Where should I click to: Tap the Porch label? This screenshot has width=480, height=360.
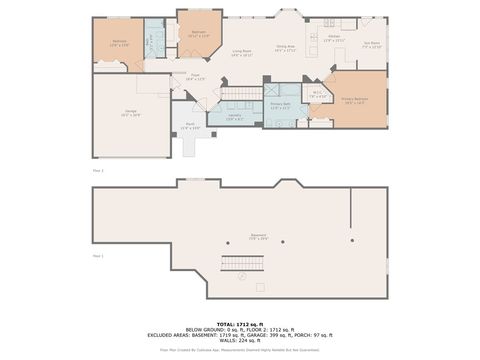point(192,127)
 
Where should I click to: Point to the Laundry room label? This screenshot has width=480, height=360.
point(236,117)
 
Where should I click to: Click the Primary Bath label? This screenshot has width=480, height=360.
point(280,105)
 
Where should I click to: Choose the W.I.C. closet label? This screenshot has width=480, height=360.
point(316,95)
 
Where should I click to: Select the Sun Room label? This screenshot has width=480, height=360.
point(372,44)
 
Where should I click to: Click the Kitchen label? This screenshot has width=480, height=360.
point(334,38)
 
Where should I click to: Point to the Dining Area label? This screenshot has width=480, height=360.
point(285,48)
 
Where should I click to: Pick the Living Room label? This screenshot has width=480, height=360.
point(241,53)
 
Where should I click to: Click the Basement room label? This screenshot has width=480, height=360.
point(257,238)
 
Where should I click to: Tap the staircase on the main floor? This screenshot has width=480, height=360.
point(240,94)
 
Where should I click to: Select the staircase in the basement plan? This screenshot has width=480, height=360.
point(241,269)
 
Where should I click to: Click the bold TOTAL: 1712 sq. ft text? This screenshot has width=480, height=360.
point(240,325)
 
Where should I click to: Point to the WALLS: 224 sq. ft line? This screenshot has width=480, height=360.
point(240,340)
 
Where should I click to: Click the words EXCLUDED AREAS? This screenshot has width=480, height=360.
point(169,335)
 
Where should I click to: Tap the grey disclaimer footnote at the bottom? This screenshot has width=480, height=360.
point(240,350)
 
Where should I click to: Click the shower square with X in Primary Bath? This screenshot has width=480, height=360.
point(269,88)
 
